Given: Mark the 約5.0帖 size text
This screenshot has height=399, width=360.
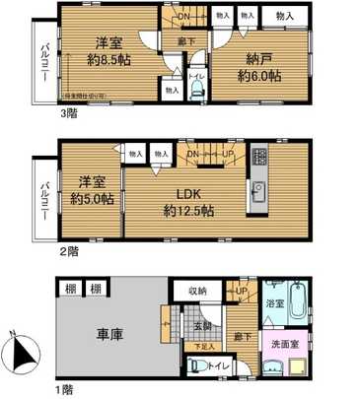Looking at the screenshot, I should [x=92, y=199].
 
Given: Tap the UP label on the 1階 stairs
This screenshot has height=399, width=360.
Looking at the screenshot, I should [x=241, y=291].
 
